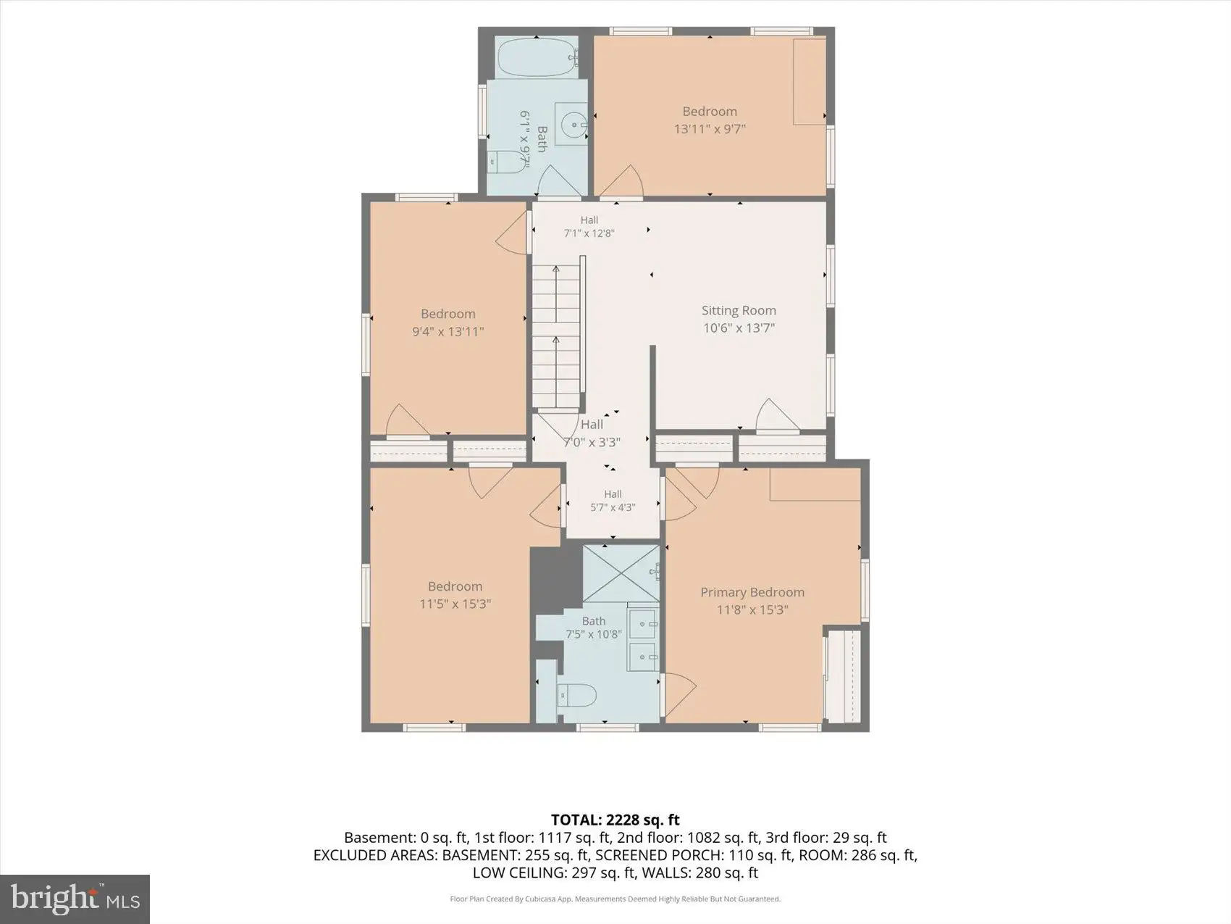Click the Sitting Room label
coord(739,311)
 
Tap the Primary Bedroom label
coord(752,593)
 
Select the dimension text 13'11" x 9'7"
coord(710,129)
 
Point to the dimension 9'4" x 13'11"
coord(448,332)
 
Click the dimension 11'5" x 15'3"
coord(455,604)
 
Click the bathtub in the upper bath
coord(537,57)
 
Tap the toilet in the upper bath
coord(508,162)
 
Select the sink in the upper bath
coord(572,125)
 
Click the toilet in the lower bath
coord(576,696)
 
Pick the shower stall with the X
coord(621,573)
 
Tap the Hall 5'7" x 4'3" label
coord(613,501)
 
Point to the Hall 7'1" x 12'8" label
coord(589,227)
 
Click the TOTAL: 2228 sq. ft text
coord(615,820)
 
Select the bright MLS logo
coord(75,899)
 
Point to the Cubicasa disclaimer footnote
coord(615,899)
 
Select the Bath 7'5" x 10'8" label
coord(594,628)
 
